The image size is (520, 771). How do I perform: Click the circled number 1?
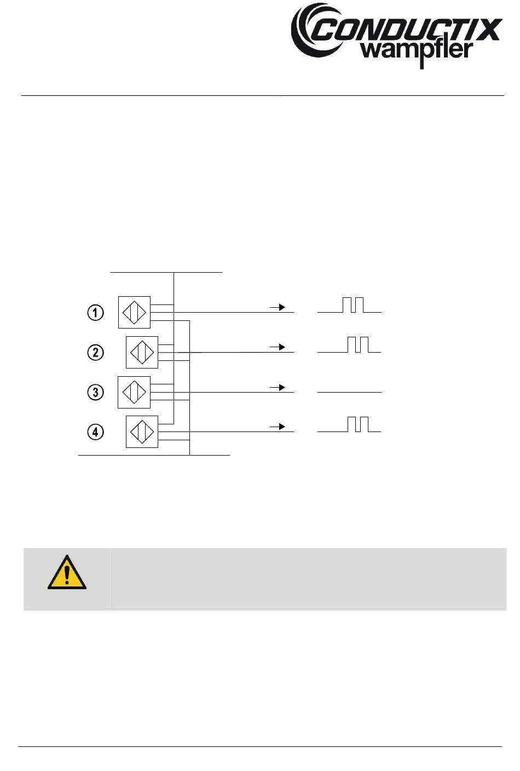(96, 313)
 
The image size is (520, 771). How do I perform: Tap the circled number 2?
(96, 352)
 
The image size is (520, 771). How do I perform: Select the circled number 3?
(96, 392)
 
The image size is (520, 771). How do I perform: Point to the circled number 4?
(96, 432)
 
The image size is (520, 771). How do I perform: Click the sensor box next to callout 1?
(134, 312)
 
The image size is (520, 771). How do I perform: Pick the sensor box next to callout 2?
(142, 352)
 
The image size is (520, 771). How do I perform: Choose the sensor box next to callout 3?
(134, 392)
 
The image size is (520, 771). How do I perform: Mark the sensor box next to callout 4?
(142, 432)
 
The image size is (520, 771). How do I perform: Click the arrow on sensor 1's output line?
(278, 307)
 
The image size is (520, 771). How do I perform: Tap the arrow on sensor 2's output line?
(278, 347)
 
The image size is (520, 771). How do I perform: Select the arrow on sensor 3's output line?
(278, 387)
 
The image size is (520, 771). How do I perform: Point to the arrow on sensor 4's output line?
(278, 427)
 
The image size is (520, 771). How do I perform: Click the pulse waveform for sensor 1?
(349, 306)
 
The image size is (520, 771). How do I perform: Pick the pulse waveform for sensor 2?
(349, 346)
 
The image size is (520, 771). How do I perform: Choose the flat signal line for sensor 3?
(349, 392)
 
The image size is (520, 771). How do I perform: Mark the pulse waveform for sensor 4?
(349, 425)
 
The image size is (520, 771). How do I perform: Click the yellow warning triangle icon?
(67, 573)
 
